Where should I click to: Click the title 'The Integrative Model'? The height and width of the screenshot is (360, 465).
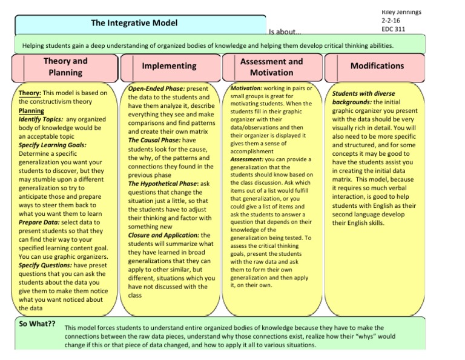coord(134,23)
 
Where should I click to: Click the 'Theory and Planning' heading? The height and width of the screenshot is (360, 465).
coord(65,67)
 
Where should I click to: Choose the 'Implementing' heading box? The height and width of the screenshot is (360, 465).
coord(169,66)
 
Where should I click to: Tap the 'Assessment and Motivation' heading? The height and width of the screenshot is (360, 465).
coord(271,67)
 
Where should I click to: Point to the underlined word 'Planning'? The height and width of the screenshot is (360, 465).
coord(31,111)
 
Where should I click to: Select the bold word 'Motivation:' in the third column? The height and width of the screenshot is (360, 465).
coord(247,88)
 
